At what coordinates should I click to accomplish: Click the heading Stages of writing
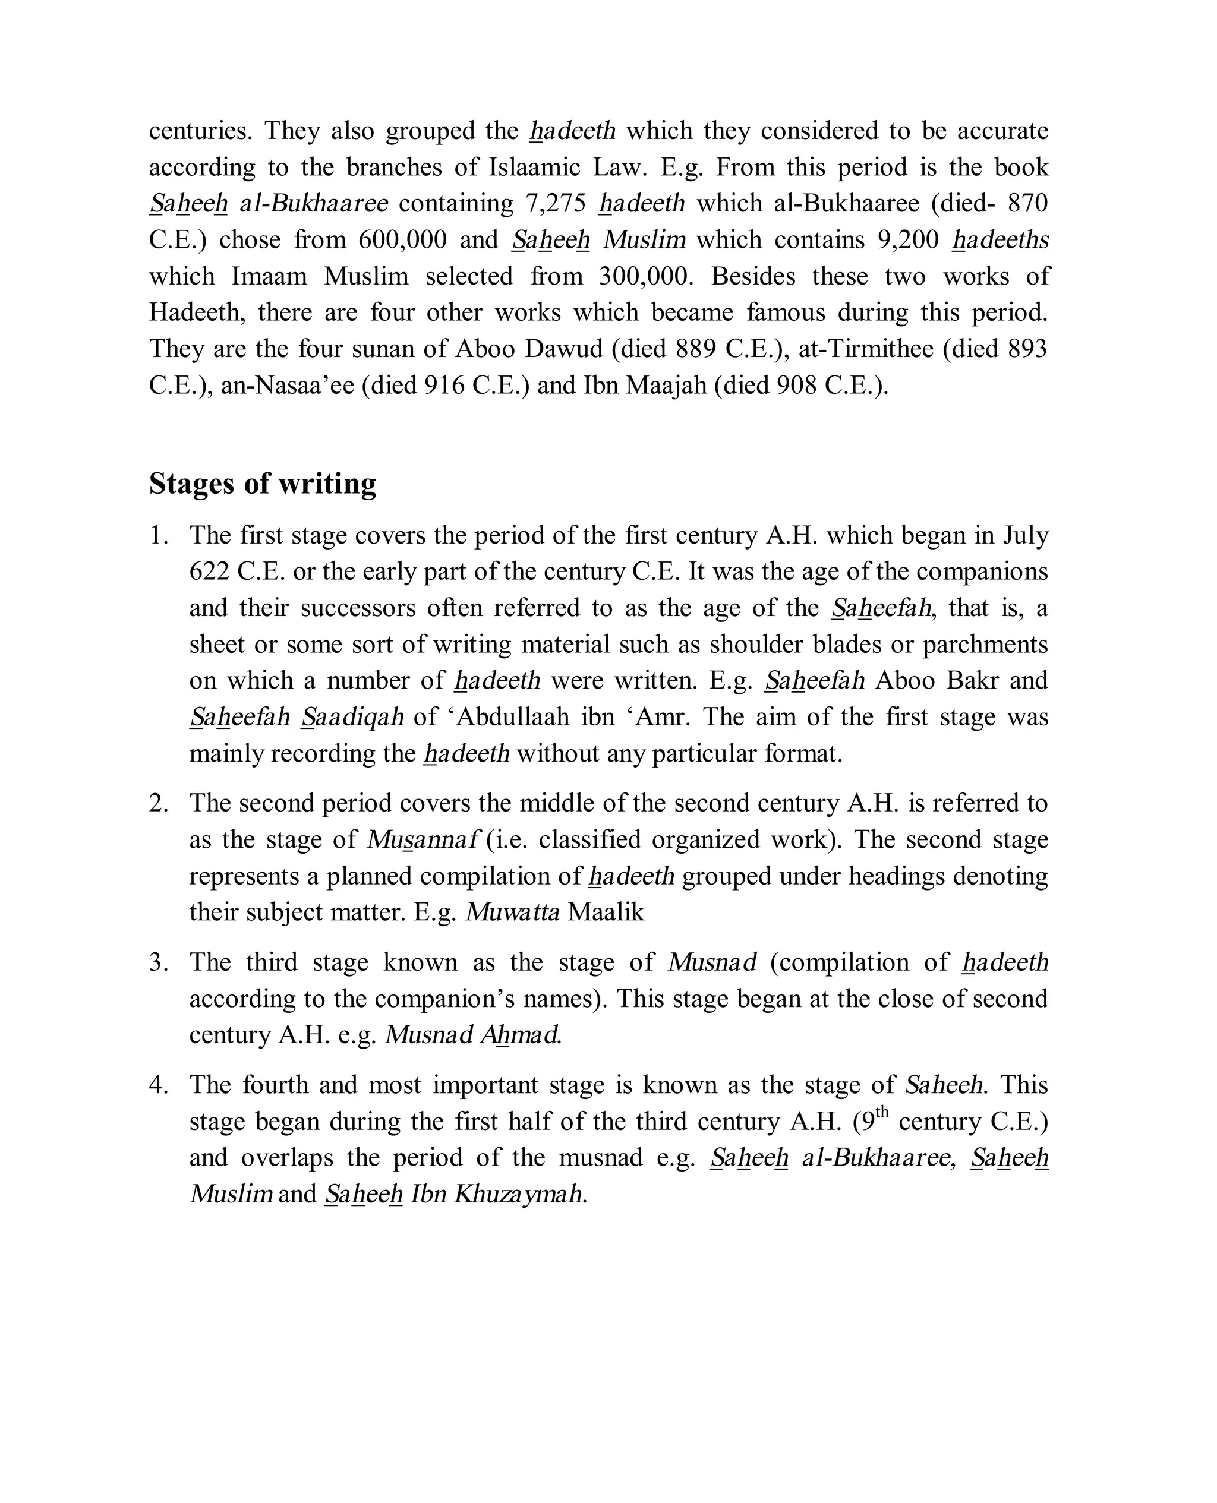tap(262, 484)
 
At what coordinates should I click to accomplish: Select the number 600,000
tap(402, 239)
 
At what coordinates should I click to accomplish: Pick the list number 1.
tap(159, 536)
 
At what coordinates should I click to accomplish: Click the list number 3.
tap(159, 963)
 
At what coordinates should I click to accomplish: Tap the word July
tap(1025, 536)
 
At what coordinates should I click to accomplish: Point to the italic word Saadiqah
tap(352, 718)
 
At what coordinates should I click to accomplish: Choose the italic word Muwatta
tap(512, 912)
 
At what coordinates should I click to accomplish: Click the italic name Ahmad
tap(520, 1035)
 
